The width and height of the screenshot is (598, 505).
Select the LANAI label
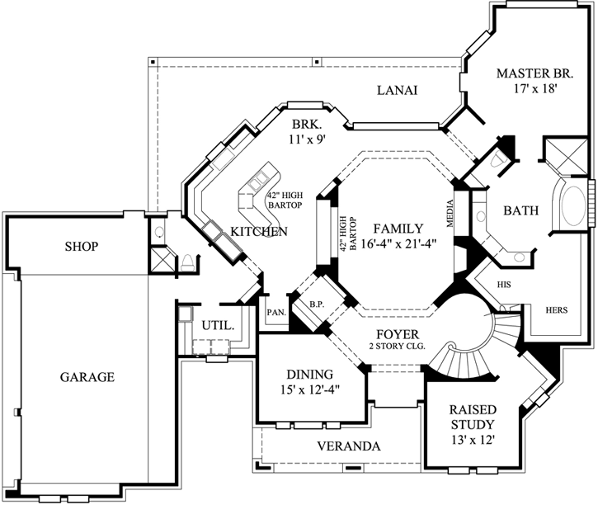(397, 90)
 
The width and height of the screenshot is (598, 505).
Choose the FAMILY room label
(397, 228)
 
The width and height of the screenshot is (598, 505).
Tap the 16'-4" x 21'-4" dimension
(397, 243)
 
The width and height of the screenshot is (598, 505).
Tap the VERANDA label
(349, 446)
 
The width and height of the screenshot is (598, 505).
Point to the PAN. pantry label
(275, 312)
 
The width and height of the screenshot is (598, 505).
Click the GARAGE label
(86, 377)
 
